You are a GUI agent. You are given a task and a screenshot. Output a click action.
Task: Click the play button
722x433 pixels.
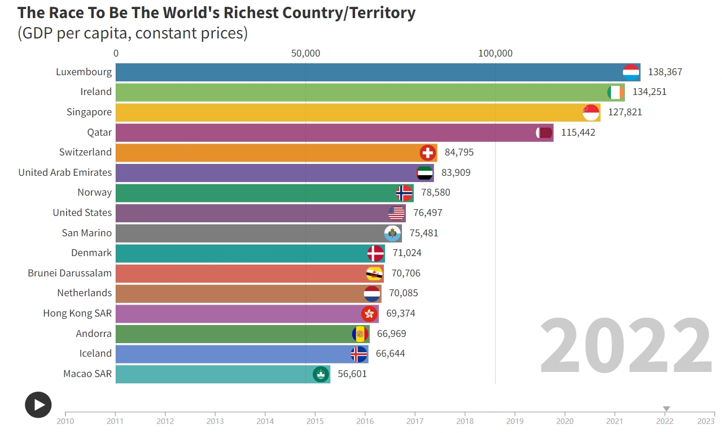click(38, 405)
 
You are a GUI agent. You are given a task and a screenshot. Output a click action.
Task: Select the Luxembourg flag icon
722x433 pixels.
click(631, 72)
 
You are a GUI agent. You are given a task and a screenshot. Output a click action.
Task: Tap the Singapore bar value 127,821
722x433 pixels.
click(625, 112)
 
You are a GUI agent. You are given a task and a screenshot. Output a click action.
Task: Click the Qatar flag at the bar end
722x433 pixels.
click(544, 133)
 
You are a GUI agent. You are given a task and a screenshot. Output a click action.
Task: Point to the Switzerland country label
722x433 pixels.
click(85, 152)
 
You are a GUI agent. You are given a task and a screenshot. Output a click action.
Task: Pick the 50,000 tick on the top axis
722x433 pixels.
click(305, 54)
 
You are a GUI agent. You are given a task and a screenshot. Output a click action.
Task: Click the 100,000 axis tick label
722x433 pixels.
click(495, 54)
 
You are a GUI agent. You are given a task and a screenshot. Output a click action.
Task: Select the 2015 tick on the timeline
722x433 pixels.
click(315, 421)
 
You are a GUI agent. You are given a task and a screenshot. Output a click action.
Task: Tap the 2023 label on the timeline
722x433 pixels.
click(706, 421)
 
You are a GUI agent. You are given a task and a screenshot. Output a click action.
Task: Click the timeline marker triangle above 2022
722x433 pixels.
click(666, 409)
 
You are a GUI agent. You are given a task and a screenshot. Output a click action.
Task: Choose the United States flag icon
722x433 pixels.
click(396, 213)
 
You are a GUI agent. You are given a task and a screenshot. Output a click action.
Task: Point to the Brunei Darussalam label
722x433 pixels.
click(69, 273)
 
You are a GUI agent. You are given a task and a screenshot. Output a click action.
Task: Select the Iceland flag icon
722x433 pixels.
click(359, 354)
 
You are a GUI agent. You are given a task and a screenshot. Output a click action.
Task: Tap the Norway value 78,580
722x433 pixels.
click(435, 193)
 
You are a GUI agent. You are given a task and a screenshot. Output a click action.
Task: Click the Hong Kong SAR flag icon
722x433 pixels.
click(369, 314)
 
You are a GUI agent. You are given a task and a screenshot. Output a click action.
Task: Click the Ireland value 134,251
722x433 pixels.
click(649, 92)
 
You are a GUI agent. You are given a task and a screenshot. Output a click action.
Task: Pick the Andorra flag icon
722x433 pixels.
click(360, 334)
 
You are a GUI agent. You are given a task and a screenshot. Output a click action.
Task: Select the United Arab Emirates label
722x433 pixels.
click(65, 172)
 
